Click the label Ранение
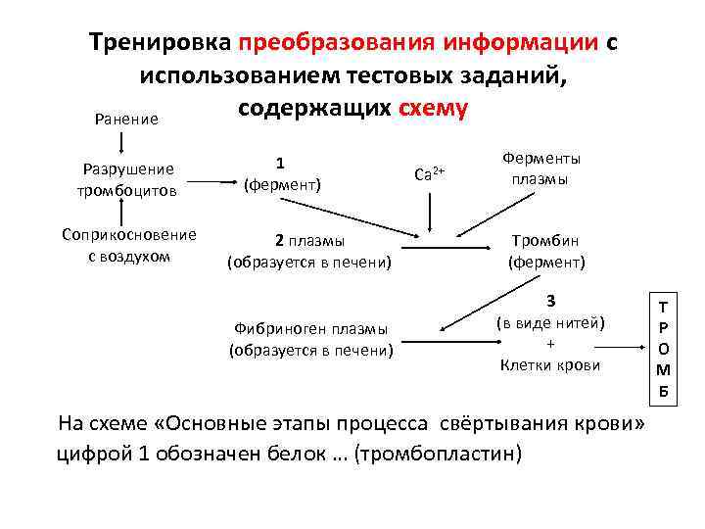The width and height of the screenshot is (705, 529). pos(126,119)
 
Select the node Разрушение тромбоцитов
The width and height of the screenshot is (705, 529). pos(126,178)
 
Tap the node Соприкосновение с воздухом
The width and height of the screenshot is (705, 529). pos(128,245)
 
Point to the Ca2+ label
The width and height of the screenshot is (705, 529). pos(430,174)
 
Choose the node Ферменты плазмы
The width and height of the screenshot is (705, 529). pos(540,168)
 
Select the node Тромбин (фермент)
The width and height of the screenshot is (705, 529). pos(545,252)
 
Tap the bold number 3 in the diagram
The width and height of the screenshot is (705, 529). pos(551,301)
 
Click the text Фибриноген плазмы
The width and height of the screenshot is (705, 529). pos(310,329)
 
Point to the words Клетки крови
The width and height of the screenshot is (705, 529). pos(548,365)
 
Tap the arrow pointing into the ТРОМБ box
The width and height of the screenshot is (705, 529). pos(623,345)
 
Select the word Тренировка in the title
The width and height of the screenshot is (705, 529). pos(159,44)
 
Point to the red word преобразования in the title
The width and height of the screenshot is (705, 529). pos(337,44)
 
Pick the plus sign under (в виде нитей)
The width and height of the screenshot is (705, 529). pos(549,344)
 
